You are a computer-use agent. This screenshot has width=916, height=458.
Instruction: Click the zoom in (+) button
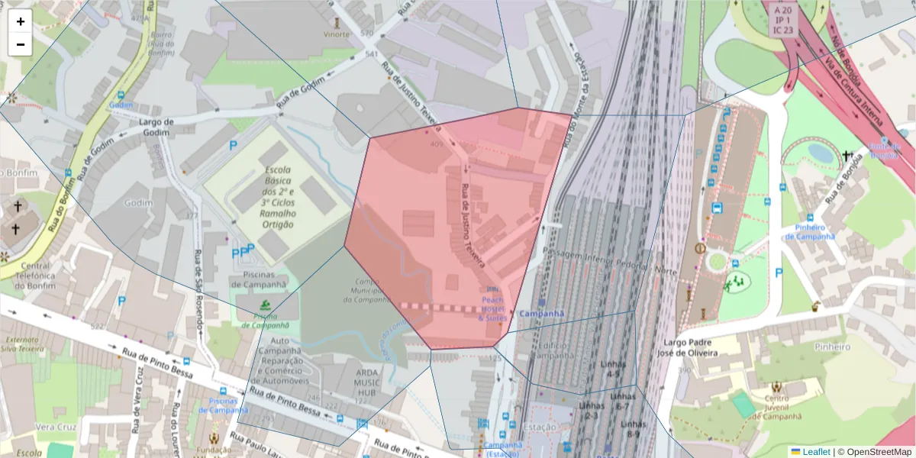21,21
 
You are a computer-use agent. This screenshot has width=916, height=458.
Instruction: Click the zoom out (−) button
21,44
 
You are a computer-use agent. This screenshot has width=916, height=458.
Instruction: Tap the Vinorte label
337,34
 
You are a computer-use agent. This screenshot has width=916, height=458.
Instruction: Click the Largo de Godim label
157,127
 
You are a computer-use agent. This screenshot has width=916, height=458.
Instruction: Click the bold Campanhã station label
541,314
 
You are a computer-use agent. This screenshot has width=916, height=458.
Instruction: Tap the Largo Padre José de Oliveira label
691,347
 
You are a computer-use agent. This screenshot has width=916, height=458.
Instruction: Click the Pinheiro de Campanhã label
811,231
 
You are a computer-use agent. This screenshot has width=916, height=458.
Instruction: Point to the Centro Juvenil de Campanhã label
776,407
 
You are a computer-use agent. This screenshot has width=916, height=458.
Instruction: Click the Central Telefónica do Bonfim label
31,276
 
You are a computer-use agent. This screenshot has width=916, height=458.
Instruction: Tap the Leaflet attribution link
810,452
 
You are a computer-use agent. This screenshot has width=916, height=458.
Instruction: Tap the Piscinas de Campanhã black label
260,279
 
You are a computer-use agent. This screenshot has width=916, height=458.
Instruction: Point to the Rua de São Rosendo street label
200,290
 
